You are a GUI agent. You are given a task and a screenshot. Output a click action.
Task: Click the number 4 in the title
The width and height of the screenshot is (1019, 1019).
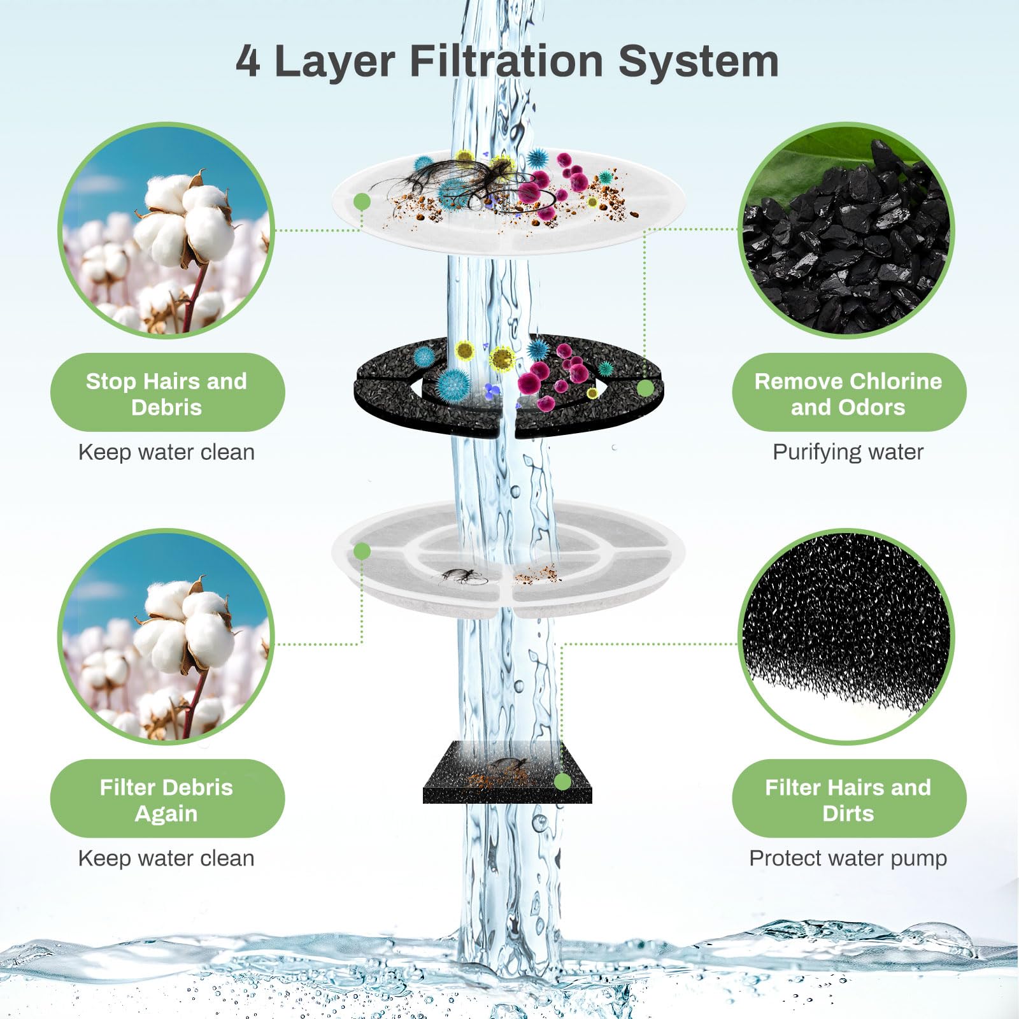(248, 61)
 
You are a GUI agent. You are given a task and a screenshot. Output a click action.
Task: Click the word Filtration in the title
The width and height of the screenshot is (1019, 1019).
(506, 61)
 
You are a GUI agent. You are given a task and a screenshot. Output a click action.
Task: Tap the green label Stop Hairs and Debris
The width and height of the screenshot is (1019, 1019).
(167, 393)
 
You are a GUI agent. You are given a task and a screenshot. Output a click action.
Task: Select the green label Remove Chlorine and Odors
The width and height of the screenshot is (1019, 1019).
(848, 393)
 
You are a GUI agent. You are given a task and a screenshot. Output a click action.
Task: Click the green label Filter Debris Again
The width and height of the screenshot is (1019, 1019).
(167, 799)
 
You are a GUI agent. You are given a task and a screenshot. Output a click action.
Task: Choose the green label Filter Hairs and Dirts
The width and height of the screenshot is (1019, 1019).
(848, 799)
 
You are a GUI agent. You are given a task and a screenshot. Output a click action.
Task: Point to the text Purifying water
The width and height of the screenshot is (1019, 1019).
(848, 452)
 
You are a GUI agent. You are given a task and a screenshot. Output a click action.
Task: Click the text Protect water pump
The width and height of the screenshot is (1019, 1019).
(848, 859)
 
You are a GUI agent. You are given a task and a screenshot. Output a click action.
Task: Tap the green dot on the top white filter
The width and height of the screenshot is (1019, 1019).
(362, 202)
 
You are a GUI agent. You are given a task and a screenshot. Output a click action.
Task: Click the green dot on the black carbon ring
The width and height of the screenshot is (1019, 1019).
(645, 388)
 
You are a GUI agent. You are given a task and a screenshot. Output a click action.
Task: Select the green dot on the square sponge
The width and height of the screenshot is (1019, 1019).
(562, 781)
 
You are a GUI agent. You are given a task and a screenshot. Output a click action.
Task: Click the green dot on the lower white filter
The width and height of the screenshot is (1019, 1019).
(362, 551)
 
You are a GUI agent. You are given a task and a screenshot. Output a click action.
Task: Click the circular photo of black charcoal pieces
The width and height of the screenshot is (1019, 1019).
(846, 231)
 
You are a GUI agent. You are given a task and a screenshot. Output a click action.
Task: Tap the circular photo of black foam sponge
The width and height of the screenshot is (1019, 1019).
(846, 637)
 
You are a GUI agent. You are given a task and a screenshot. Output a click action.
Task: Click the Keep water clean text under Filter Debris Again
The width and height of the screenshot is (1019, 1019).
(166, 859)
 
